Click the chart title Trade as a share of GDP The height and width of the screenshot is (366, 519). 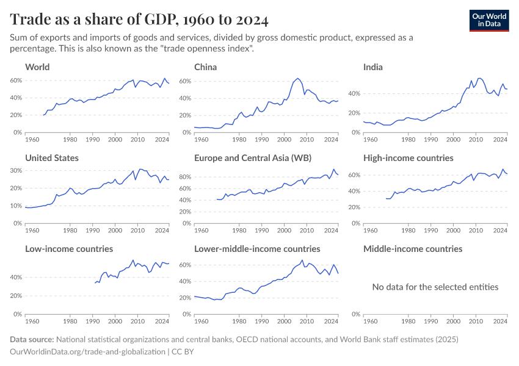(139, 20)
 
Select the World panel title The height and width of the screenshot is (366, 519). (37, 66)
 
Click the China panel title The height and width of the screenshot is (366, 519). (206, 66)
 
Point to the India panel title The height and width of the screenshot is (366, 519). (373, 66)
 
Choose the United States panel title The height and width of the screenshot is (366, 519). (52, 157)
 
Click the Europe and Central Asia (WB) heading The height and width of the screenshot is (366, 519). (253, 157)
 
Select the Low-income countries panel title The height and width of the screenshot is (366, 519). (69, 249)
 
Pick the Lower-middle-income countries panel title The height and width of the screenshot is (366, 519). (257, 249)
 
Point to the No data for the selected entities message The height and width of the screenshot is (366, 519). (435, 287)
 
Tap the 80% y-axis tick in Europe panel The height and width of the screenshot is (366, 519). (186, 177)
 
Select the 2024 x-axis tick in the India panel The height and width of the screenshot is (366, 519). (500, 140)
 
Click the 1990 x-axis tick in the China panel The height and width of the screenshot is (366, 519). (262, 140)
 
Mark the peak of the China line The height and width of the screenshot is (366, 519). (297, 78)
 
